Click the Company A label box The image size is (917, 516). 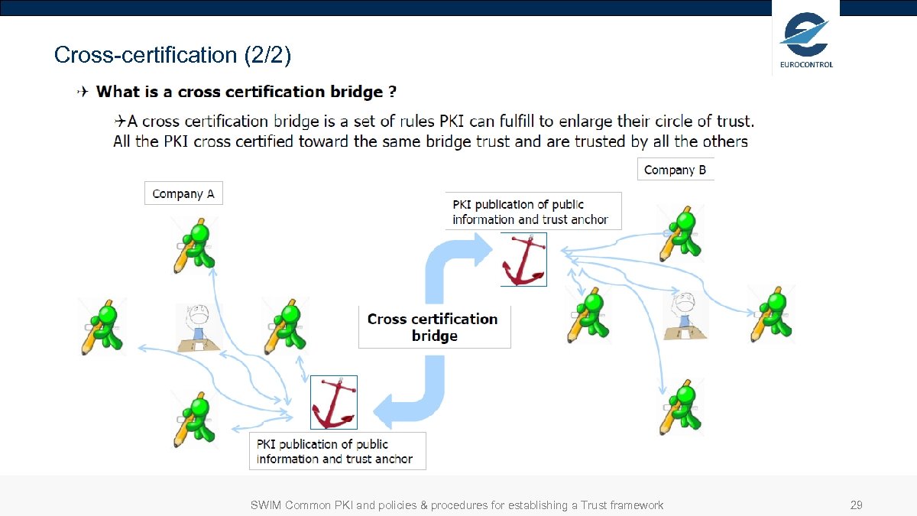click(x=183, y=194)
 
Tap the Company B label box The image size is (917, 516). click(x=676, y=170)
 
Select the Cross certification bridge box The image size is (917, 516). click(x=433, y=327)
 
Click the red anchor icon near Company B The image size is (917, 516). click(x=523, y=260)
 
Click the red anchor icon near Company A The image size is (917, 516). click(x=333, y=402)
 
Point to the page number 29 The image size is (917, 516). click(x=857, y=505)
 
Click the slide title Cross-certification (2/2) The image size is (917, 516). click(x=173, y=55)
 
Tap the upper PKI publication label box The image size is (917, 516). click(x=533, y=212)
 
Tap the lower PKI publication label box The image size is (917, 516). click(x=337, y=451)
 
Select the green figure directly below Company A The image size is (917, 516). click(x=195, y=246)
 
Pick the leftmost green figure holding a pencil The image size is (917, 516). click(x=103, y=327)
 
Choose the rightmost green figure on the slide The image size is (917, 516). click(x=771, y=314)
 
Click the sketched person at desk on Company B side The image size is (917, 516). click(x=685, y=314)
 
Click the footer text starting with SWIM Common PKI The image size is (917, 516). click(x=457, y=505)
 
